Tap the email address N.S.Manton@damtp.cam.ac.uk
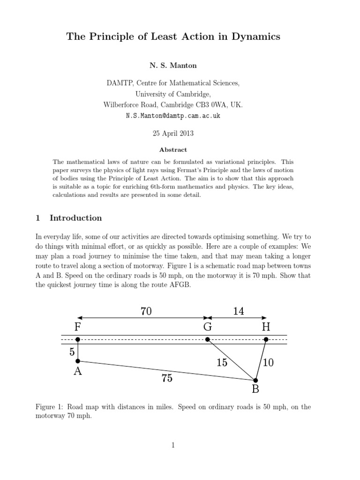(173, 116)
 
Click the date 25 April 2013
(173, 133)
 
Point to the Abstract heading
(173, 150)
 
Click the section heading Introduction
(75, 218)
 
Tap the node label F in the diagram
(78, 327)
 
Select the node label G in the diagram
(208, 327)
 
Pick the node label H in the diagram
(266, 327)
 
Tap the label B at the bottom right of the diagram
(255, 389)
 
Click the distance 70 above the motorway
(146, 311)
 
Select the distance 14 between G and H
(239, 311)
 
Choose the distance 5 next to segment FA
(72, 352)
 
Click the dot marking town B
(255, 380)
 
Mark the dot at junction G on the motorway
(208, 339)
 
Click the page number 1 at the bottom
(173, 445)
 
